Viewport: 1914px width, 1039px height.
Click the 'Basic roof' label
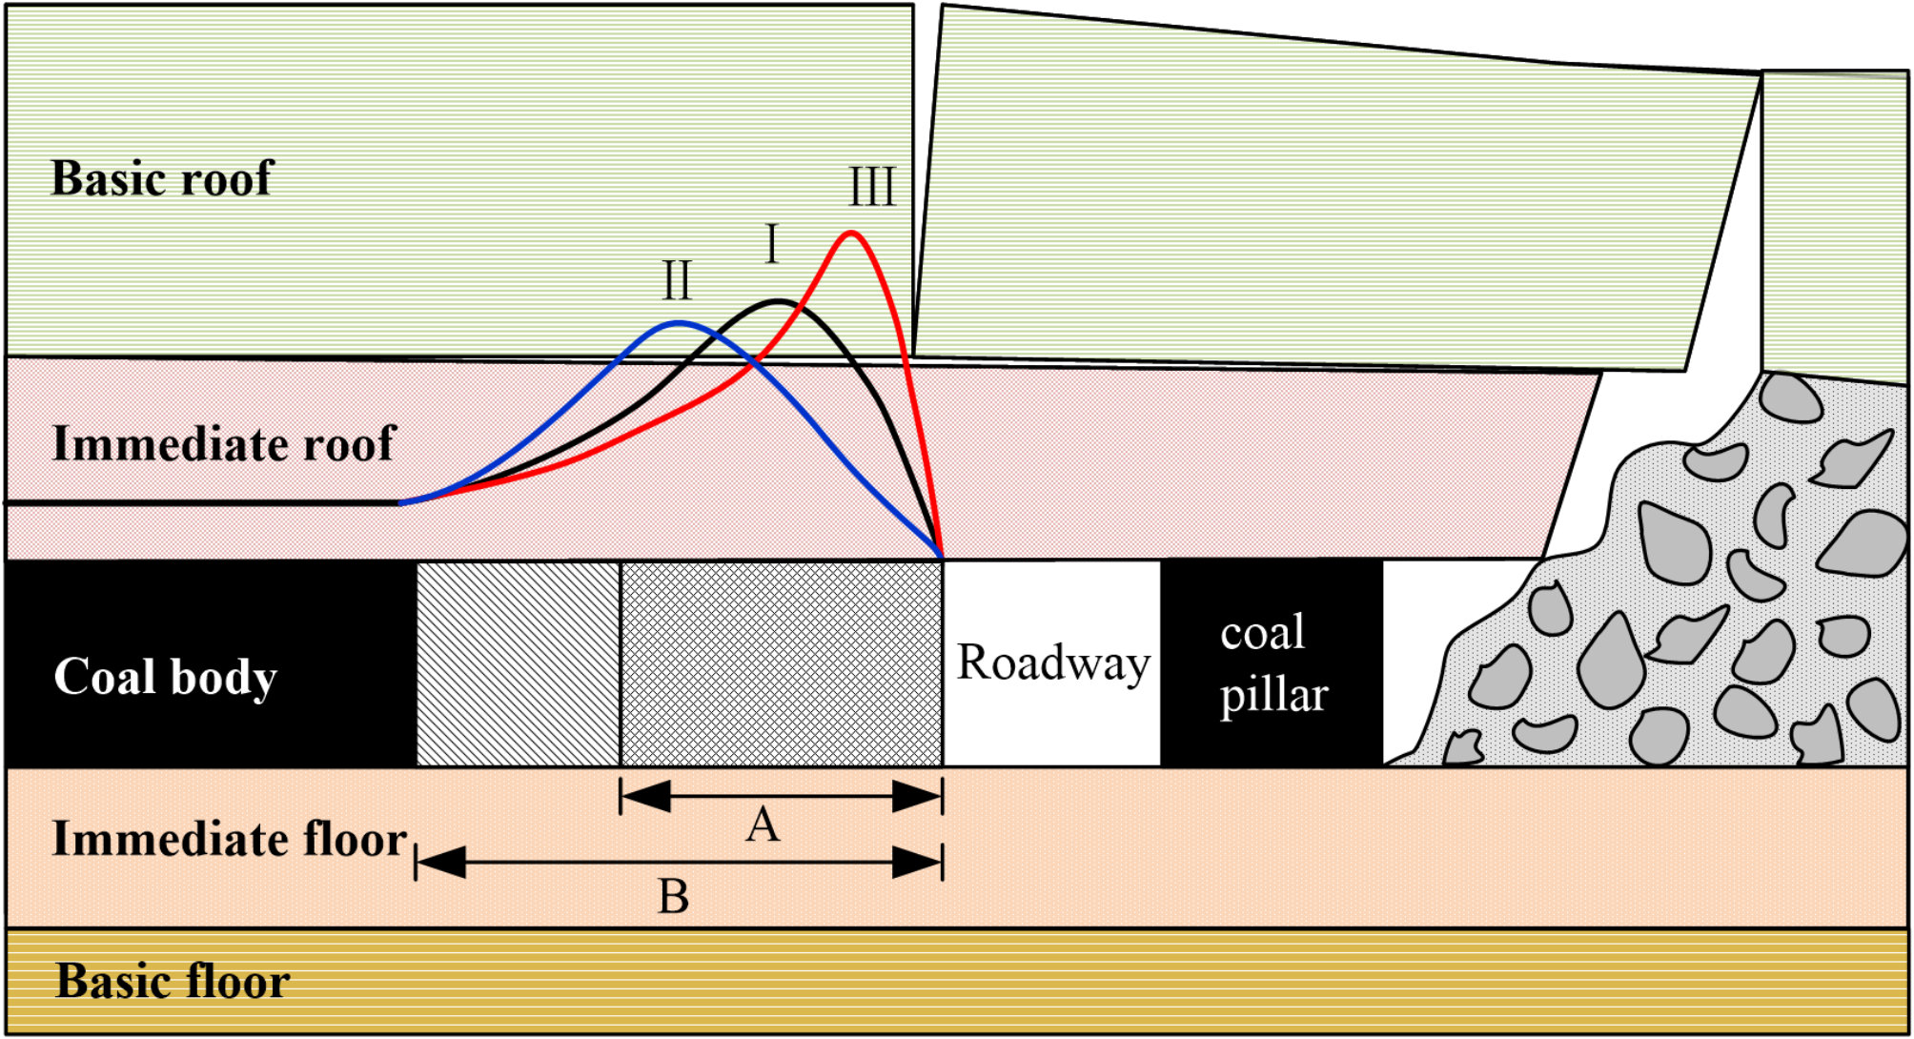[162, 178]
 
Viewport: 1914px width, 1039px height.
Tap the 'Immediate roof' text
[223, 444]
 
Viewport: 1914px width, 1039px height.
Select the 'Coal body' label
[165, 677]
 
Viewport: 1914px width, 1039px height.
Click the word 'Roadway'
[1053, 662]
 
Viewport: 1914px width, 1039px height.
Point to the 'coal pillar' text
[1273, 663]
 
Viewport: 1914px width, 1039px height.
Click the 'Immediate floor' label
[229, 840]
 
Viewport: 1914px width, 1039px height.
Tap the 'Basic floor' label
[173, 982]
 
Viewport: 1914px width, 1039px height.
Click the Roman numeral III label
[872, 187]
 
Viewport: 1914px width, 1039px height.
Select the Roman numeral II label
[677, 281]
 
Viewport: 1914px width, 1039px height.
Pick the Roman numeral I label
[772, 245]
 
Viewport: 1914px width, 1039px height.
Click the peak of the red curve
[851, 233]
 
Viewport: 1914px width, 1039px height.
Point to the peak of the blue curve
[678, 323]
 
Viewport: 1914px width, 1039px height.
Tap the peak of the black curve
[780, 301]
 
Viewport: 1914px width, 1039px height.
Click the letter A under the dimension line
[763, 825]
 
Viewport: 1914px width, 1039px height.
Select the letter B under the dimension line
[673, 897]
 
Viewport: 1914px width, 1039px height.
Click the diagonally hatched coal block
[519, 663]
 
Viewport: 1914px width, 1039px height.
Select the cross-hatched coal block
[782, 663]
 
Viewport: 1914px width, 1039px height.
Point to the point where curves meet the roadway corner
[942, 558]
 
